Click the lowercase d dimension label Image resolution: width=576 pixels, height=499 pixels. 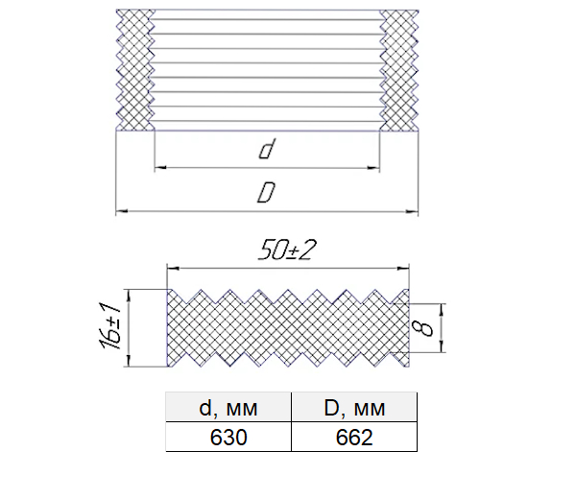click(x=267, y=149)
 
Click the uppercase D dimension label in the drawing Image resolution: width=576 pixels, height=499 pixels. click(x=266, y=192)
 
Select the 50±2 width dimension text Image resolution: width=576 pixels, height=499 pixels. click(x=287, y=250)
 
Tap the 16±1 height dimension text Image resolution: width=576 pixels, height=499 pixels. click(x=110, y=325)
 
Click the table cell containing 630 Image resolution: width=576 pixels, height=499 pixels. click(x=228, y=437)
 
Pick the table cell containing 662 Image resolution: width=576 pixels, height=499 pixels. click(x=354, y=437)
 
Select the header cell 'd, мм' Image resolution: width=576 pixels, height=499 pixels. click(x=228, y=407)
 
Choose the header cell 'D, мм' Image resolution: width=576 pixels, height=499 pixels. click(x=354, y=407)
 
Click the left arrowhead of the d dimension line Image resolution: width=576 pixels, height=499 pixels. click(x=160, y=168)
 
